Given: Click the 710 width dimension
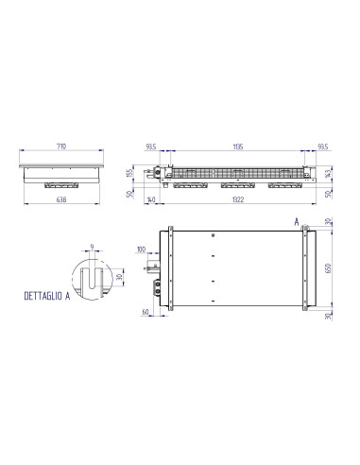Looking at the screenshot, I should pos(60,148).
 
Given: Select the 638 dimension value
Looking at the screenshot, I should pos(60,199).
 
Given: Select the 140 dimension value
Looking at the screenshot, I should pos(151,199).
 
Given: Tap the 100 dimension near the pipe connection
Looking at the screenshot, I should pos(141,250).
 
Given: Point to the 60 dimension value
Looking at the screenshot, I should pos(146,310).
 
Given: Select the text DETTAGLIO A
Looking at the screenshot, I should pos(51,296).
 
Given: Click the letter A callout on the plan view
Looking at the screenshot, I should pos(298,220).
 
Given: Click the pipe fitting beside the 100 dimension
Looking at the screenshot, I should pos(152,268).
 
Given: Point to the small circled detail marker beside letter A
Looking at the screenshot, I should pos(305,229).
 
